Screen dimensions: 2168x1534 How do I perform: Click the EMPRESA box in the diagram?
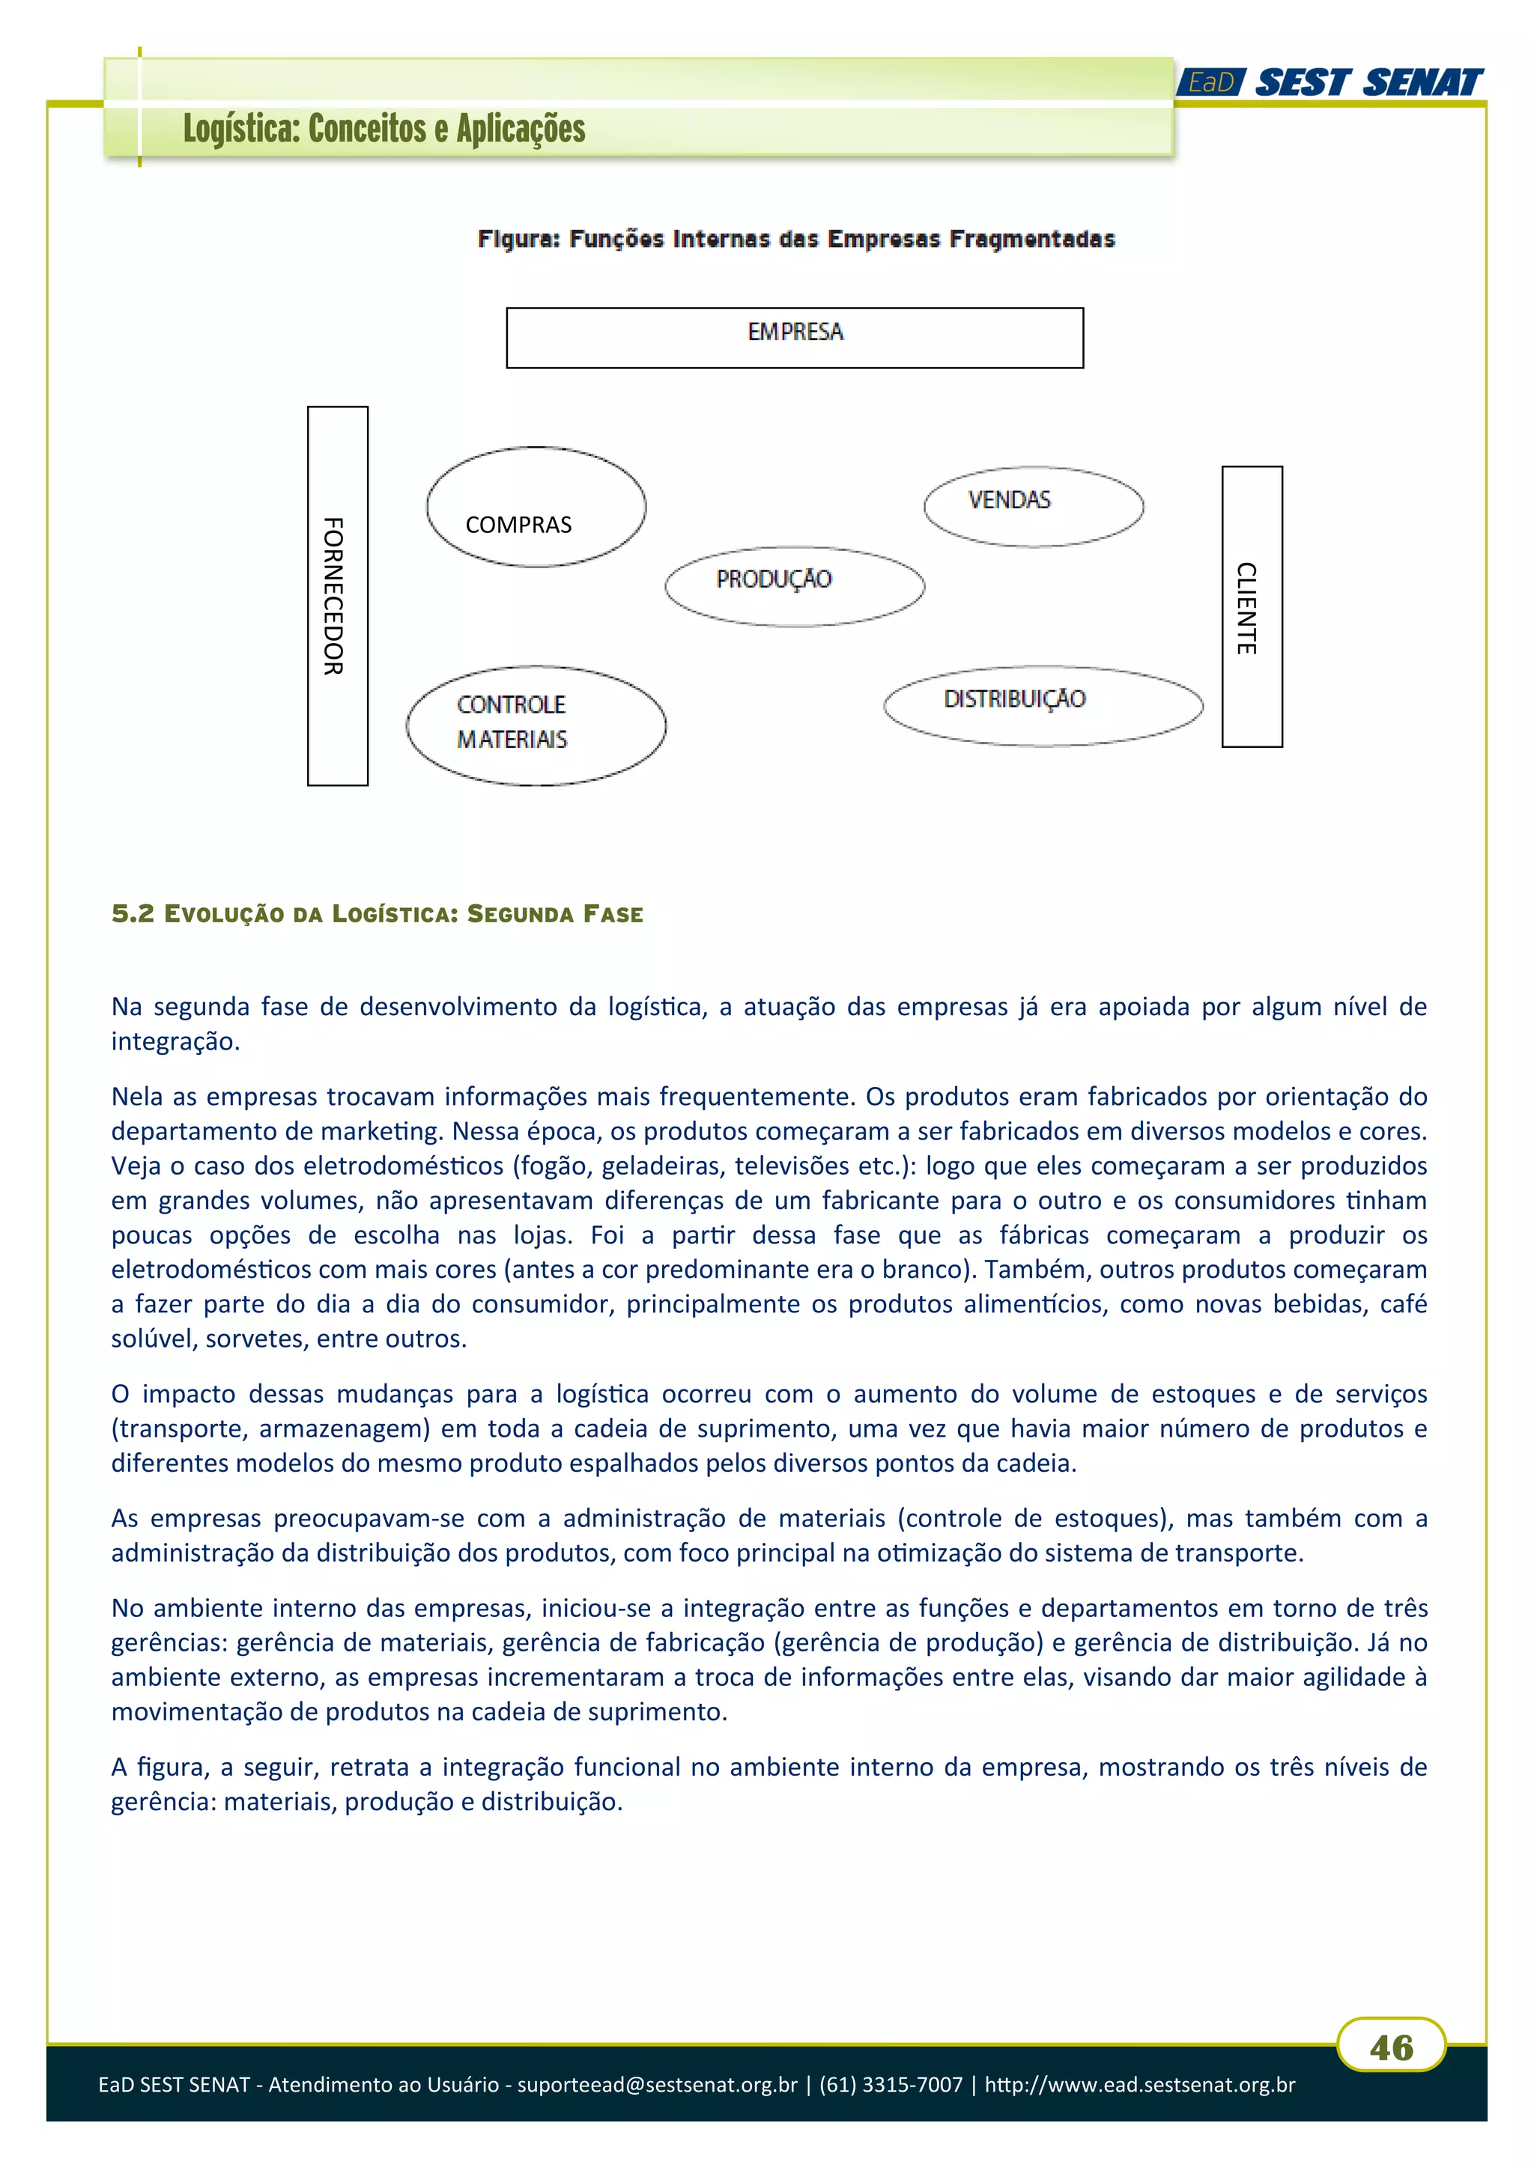click(x=795, y=337)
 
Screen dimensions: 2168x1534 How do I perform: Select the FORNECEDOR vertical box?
click(x=337, y=596)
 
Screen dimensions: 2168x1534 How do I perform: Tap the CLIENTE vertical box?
click(x=1252, y=607)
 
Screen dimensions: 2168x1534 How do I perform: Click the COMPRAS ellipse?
click(x=536, y=507)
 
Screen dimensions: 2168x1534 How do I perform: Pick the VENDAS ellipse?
click(x=1034, y=506)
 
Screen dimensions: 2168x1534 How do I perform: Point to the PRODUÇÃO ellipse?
click(x=795, y=585)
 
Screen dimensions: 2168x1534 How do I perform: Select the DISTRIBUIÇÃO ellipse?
click(x=1043, y=705)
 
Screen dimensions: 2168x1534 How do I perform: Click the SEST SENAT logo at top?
click(x=1368, y=83)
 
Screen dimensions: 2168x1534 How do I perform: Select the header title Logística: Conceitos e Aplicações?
click(x=384, y=129)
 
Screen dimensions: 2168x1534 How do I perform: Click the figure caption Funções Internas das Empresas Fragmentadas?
click(x=840, y=239)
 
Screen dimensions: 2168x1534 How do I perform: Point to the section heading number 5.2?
click(x=133, y=913)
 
